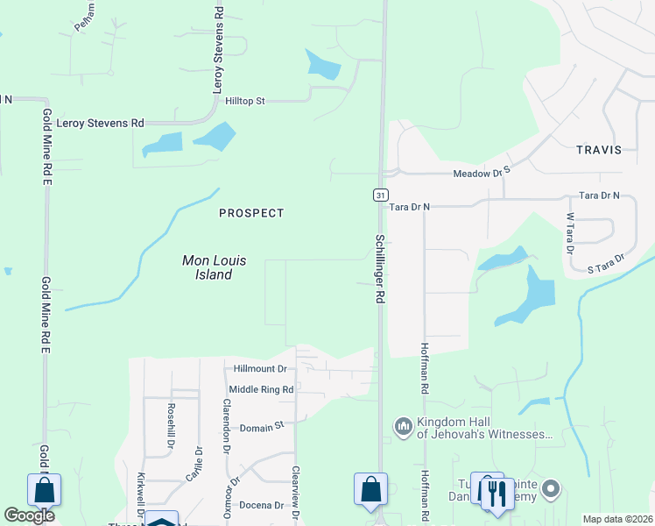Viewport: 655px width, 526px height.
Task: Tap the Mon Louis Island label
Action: (208, 267)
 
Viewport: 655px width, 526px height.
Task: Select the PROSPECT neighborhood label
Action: (251, 213)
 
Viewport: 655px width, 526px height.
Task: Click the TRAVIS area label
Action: (599, 150)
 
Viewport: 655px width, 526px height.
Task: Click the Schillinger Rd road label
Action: (380, 268)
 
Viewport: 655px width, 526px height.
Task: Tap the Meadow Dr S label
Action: (481, 174)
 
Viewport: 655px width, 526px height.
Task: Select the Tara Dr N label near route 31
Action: (410, 207)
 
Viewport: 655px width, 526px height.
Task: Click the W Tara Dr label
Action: (569, 233)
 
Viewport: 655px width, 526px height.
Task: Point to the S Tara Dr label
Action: (605, 262)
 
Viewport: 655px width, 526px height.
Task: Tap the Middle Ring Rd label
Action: (260, 389)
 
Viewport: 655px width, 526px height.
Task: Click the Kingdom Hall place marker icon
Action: (404, 427)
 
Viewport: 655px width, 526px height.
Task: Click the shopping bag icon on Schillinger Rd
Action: (370, 488)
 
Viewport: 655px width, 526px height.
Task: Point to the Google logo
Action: (29, 515)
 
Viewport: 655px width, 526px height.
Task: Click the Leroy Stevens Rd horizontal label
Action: (100, 124)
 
